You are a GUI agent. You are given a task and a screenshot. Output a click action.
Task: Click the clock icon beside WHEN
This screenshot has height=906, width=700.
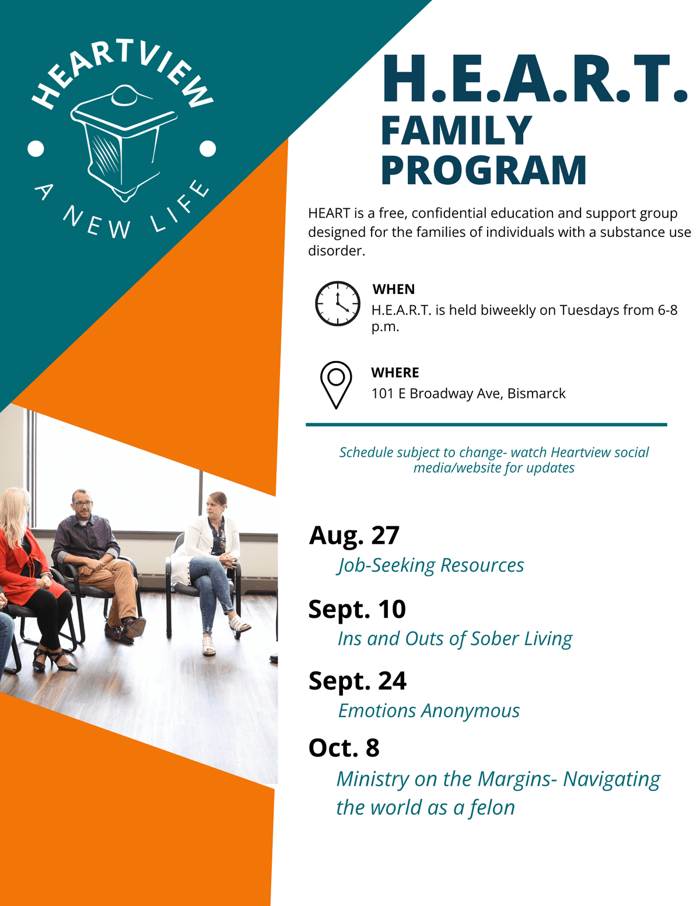338,303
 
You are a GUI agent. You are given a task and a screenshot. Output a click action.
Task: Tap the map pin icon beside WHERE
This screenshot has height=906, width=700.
336,383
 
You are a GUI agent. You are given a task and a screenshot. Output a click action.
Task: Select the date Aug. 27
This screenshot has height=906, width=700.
354,536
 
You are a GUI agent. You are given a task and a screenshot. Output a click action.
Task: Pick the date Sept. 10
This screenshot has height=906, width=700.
357,610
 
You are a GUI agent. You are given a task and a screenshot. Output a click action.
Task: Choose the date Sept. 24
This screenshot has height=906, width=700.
358,681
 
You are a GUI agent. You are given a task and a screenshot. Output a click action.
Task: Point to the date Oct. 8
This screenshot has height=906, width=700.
344,748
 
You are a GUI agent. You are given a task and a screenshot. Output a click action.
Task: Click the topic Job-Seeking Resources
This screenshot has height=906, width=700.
430,565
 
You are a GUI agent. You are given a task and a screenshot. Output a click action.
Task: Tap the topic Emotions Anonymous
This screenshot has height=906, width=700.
429,711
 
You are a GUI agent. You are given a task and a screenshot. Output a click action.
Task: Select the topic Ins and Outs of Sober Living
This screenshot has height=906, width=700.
455,639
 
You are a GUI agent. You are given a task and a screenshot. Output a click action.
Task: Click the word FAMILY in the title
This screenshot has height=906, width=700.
456,130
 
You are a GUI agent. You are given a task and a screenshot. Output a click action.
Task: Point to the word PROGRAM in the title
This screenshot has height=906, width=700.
484,170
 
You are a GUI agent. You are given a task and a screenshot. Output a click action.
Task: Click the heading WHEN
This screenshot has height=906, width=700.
394,289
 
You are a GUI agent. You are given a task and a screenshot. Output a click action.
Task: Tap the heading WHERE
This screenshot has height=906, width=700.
395,373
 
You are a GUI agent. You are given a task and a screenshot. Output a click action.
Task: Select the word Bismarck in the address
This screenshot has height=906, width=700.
536,394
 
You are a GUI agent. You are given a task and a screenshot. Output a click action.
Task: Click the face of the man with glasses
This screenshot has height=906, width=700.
82,503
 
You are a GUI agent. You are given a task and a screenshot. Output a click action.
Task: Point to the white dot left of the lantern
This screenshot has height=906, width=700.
36,149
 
